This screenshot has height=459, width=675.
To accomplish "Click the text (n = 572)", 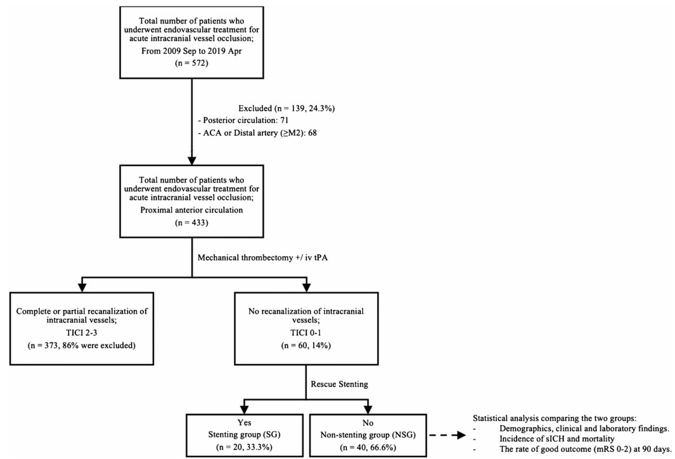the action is click(x=191, y=63).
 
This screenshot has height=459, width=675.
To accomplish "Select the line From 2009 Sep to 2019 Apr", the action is click(x=191, y=51).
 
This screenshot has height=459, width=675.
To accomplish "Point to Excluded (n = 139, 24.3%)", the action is click(x=286, y=108).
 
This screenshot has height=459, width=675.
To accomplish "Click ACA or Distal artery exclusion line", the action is click(x=257, y=133).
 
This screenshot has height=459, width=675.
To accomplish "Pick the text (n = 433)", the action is click(x=191, y=223).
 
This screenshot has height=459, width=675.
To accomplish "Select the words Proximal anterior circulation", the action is click(x=191, y=210).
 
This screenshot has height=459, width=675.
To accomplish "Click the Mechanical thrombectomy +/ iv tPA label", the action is click(x=262, y=257).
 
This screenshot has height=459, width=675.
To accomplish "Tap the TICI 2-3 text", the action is click(x=82, y=333).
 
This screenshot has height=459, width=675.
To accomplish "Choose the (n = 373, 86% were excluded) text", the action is click(x=82, y=346).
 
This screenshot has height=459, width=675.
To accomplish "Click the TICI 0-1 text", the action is click(x=306, y=333).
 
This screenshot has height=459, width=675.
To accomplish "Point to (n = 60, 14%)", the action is click(x=306, y=346).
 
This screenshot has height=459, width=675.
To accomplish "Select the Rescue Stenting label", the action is click(x=340, y=384).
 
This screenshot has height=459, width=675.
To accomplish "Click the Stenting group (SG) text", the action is click(x=244, y=434).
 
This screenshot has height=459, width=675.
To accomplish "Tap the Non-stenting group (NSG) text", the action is click(x=368, y=434).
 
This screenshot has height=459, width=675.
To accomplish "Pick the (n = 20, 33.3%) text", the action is click(x=244, y=447).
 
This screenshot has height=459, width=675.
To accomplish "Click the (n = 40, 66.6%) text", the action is click(x=368, y=447).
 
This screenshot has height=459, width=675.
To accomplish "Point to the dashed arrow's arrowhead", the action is click(x=461, y=436).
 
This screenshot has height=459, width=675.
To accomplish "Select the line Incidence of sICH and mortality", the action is click(x=556, y=439).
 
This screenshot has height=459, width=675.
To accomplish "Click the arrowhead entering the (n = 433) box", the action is click(x=191, y=160).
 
